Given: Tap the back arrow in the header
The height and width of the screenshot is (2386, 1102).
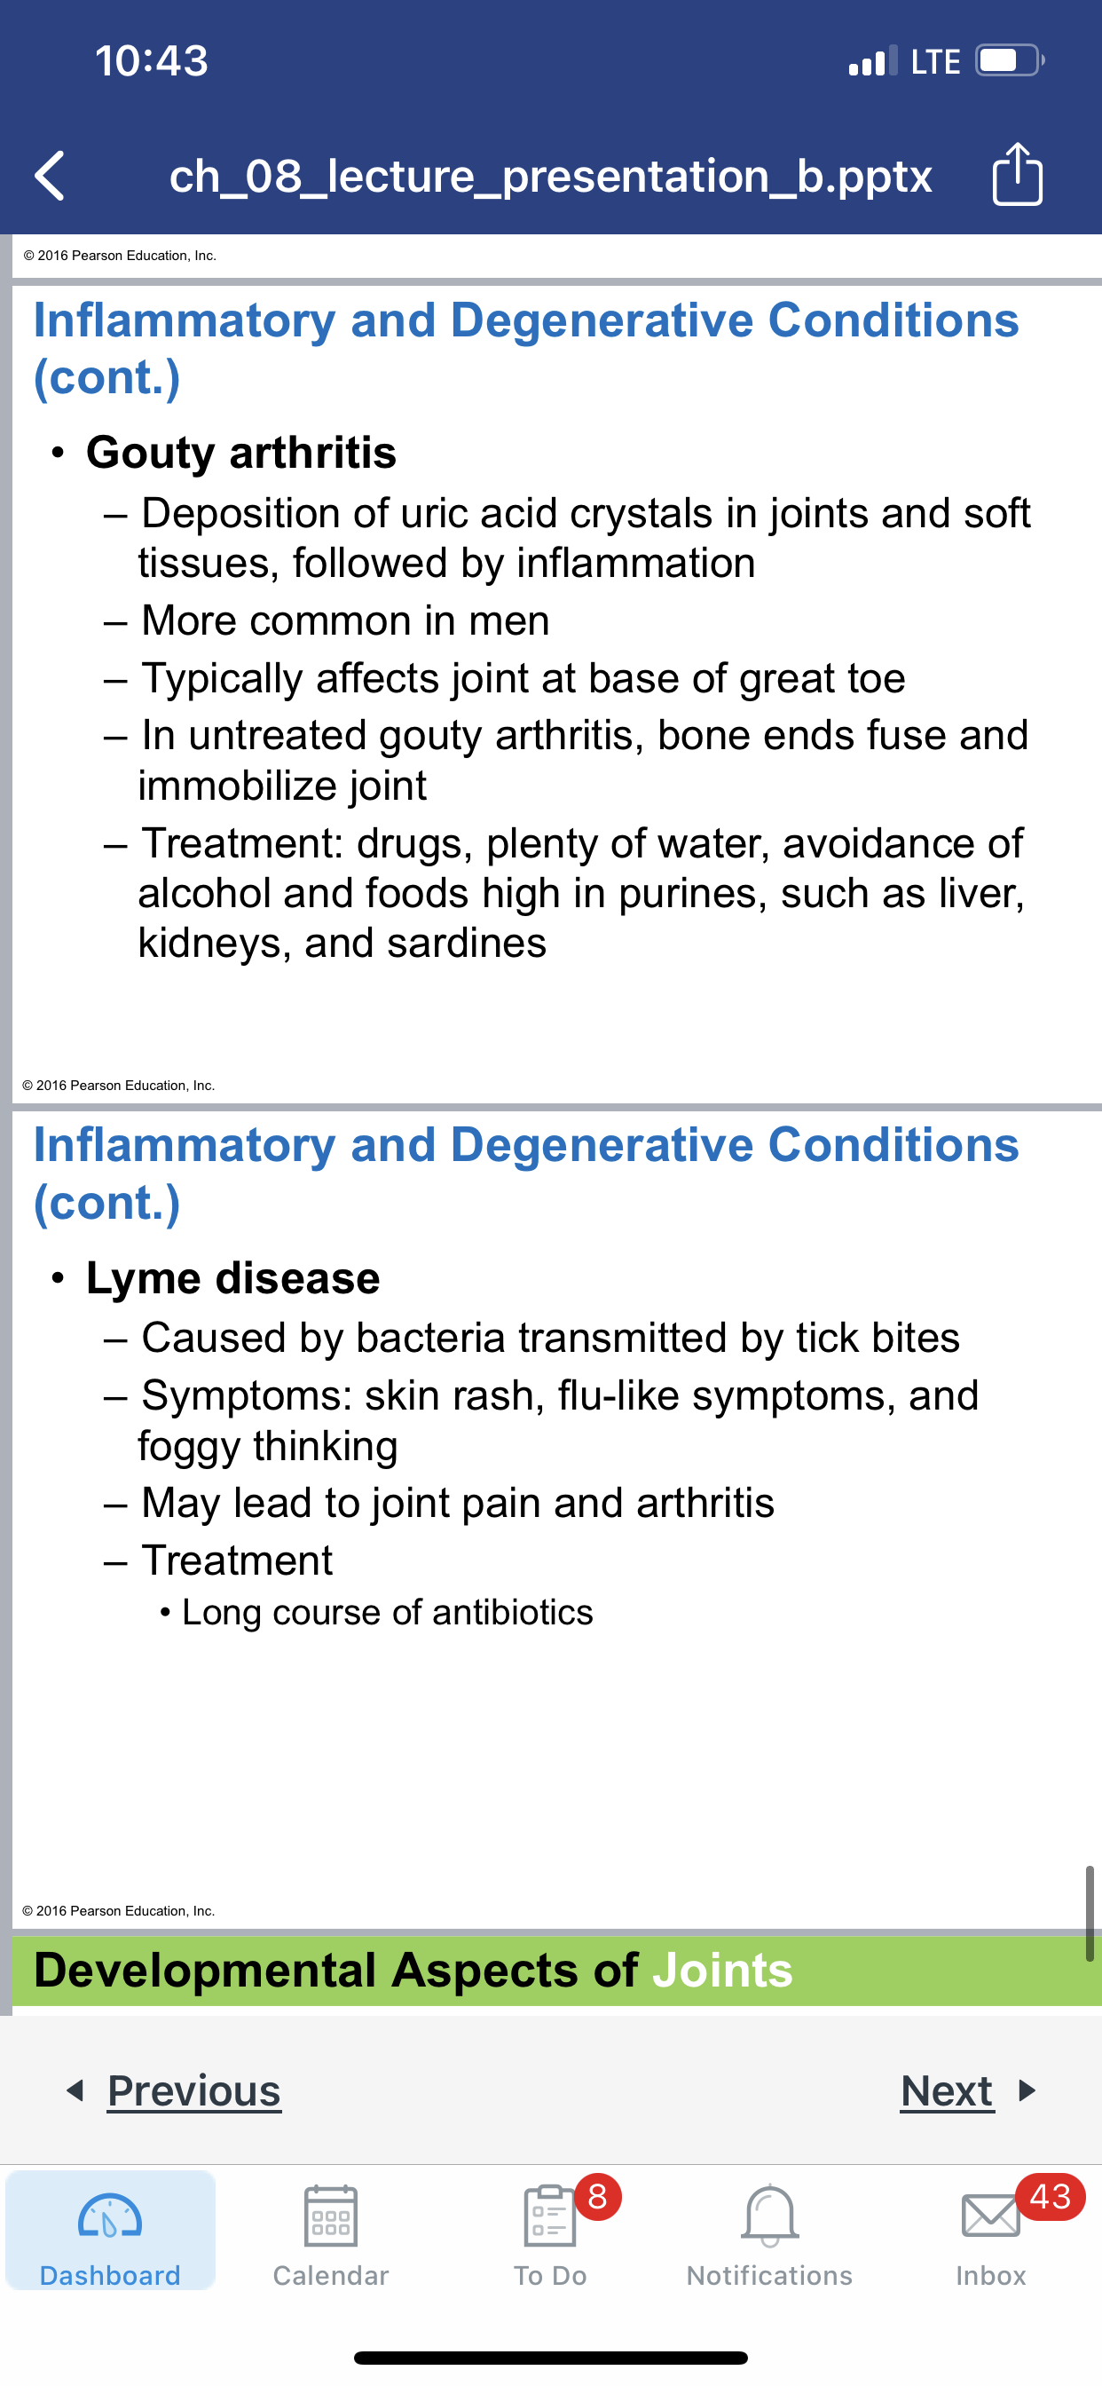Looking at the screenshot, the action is [50, 175].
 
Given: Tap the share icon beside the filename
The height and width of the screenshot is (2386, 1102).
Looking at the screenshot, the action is [1017, 173].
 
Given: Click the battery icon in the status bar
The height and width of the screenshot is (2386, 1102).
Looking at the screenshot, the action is [1010, 61].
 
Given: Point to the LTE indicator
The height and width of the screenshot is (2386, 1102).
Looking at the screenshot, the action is [935, 62].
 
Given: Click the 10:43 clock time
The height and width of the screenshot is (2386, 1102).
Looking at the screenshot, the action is [152, 61].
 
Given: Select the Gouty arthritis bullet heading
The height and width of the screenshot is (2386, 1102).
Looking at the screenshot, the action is [240, 452].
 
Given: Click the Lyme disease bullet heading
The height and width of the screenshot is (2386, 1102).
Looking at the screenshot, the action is [232, 1278].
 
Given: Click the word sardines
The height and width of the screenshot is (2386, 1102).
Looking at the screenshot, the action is [467, 943].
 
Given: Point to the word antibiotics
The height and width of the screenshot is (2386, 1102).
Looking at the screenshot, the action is [512, 1613].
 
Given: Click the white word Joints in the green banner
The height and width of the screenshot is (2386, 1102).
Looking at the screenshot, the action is [722, 1970].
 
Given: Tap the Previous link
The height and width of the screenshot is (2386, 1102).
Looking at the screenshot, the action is [193, 2090].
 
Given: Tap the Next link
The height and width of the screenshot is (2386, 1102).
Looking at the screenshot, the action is [947, 2090].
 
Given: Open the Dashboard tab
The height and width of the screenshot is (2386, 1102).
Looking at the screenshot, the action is [110, 2231].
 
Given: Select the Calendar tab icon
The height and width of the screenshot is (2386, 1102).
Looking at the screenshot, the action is [331, 2216].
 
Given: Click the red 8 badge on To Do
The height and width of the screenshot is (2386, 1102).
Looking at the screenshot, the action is [598, 2196].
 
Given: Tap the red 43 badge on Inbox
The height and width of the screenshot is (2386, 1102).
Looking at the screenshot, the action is [1051, 2196].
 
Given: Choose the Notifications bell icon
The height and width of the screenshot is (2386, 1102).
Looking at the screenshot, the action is [769, 2216].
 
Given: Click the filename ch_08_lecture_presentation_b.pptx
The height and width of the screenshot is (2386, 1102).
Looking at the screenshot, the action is [550, 176].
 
